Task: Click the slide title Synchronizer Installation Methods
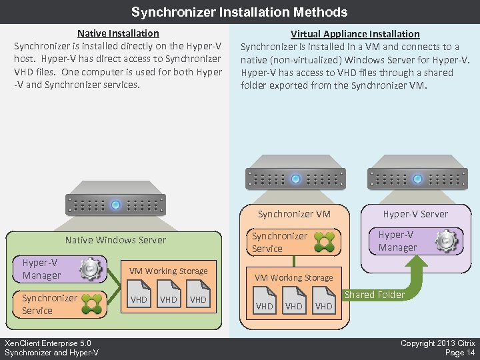(239, 12)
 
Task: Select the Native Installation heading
(118, 33)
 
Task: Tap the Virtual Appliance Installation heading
(355, 33)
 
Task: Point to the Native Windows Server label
(115, 240)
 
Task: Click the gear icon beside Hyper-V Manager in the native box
(91, 269)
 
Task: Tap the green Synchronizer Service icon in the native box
(92, 304)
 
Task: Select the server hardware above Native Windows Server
(115, 204)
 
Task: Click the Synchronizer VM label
(294, 214)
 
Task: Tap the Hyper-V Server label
(415, 214)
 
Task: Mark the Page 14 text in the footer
(460, 353)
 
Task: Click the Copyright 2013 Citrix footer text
(437, 343)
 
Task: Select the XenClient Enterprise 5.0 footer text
(47, 343)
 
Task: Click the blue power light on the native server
(115, 205)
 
